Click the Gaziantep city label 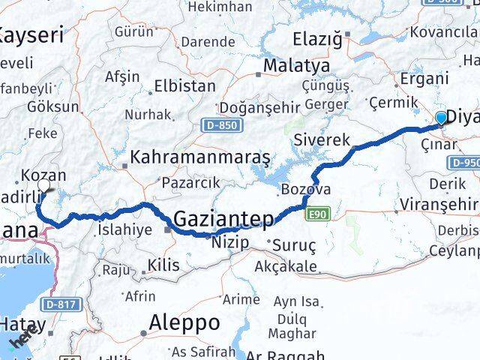point(223,219)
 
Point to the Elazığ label point(316,37)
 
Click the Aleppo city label point(184,323)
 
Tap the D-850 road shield point(218,124)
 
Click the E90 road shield point(318,215)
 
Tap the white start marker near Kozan point(43,185)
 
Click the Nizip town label point(229,241)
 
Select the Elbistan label point(184,86)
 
